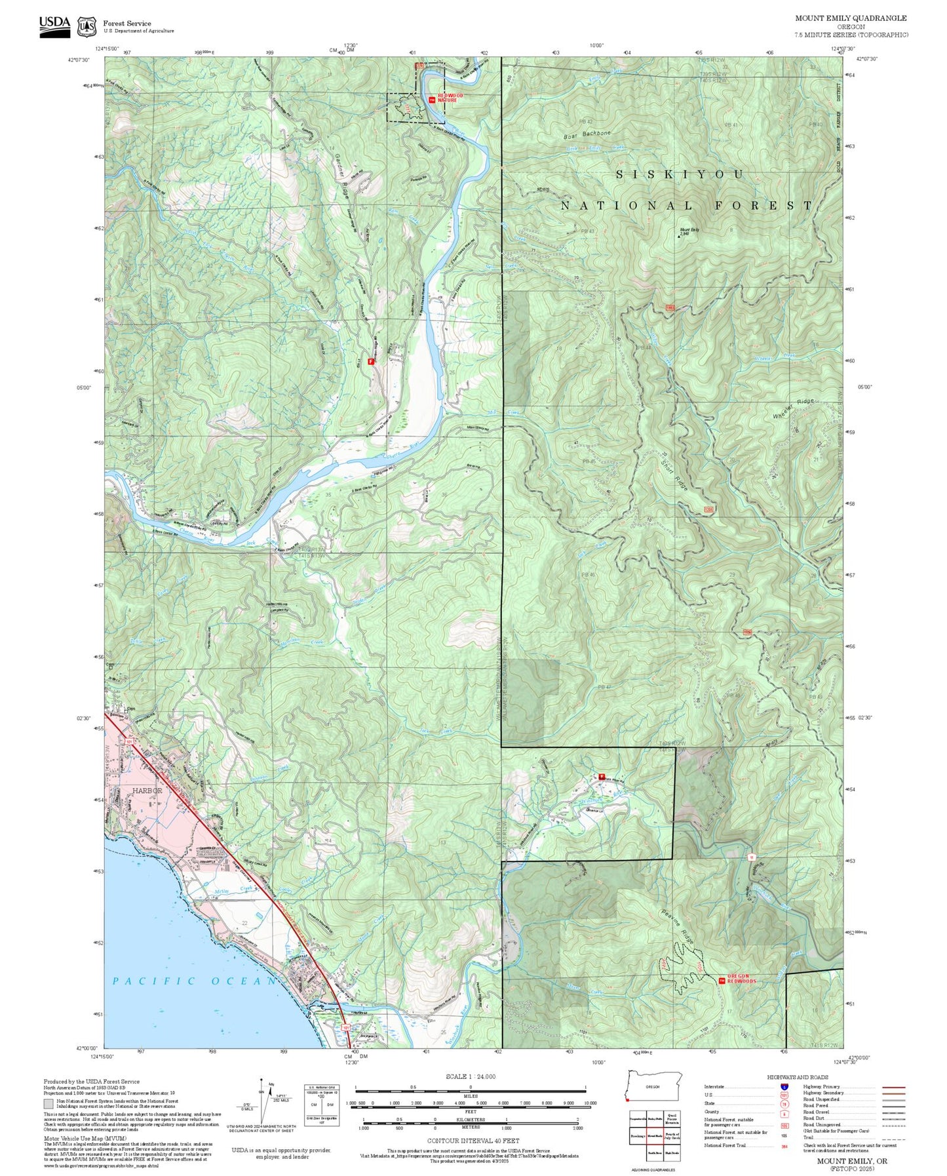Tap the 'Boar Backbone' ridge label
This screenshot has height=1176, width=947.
pos(587,134)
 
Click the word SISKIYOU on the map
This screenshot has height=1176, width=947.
pos(681,174)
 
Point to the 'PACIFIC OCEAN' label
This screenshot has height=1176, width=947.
pos(195,981)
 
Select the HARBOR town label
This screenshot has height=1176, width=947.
pos(147,791)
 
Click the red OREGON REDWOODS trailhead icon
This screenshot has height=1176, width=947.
pos(722,981)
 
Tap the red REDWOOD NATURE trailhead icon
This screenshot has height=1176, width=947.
pos(431,100)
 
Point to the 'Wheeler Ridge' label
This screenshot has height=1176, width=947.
pos(794,408)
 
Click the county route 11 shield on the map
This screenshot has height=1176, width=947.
pos(752,857)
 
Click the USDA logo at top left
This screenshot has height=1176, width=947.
pos(54,26)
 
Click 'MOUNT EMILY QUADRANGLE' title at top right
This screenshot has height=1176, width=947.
pos(851,18)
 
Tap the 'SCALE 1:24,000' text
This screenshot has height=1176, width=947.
pos(470,1076)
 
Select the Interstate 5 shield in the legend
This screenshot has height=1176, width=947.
pos(783,1086)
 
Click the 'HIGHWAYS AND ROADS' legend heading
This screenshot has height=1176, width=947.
pos(798,1077)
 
